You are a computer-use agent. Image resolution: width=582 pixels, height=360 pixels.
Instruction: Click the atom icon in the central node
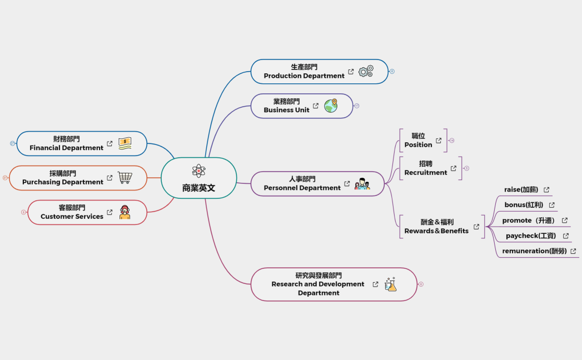pos(198,171)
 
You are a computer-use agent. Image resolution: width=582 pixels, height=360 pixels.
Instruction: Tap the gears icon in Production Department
pos(366,71)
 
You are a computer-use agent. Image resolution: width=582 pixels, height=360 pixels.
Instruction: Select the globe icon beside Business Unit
pos(331,106)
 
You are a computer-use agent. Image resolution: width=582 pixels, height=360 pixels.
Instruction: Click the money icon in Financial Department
pos(125,143)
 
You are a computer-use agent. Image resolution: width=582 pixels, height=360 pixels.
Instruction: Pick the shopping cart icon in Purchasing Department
pos(125,178)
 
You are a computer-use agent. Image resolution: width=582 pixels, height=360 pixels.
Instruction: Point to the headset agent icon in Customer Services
pos(125,212)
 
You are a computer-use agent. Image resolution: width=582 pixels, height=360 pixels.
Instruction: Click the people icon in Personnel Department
pos(362,184)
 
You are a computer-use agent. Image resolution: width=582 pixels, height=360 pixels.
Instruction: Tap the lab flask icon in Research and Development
pos(391,284)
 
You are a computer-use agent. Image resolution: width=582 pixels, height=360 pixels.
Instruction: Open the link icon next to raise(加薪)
pos(546,190)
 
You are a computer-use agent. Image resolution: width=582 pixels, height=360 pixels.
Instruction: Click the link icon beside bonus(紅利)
pos(551,205)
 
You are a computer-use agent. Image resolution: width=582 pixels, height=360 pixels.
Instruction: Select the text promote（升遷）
pos(529,221)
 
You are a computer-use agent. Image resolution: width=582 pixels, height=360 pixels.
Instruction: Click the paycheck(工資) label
pos(531,236)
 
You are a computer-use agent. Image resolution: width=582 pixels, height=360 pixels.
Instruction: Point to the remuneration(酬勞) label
pos(534,251)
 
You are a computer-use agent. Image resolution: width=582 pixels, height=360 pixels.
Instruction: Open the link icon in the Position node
pos(439,141)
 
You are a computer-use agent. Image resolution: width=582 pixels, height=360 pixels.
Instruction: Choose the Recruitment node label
pos(426,168)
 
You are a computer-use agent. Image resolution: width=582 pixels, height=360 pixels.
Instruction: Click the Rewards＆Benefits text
pos(436,226)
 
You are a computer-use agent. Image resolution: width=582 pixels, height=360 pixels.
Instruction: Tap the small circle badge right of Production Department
pos(392,72)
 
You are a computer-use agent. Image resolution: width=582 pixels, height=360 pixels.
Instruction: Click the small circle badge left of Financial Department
pos(12,143)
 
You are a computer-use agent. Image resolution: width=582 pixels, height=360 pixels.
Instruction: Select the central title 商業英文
pos(198,188)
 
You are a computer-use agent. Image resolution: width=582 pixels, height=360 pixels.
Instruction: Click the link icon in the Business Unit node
pos(316,106)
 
